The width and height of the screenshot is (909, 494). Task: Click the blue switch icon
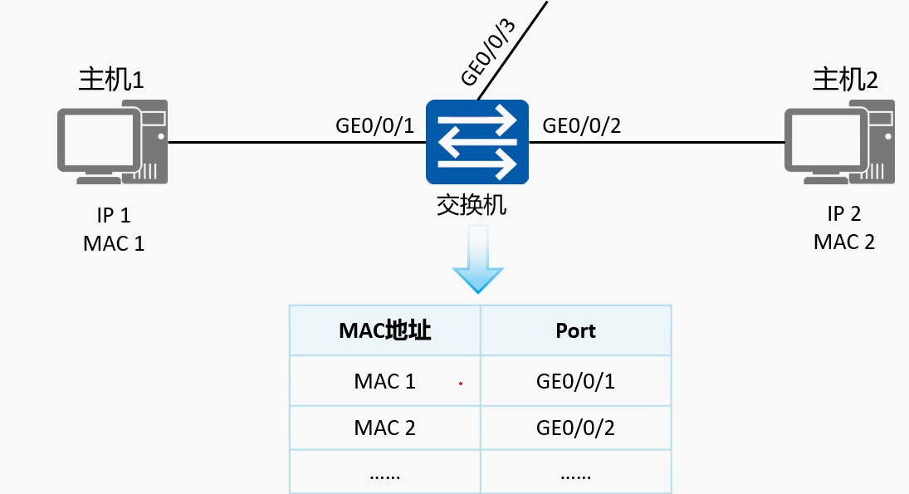click(477, 142)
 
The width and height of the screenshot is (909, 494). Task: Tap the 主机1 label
click(111, 79)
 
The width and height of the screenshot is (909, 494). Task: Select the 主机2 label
click(845, 79)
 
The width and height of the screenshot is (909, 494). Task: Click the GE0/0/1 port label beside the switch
click(374, 125)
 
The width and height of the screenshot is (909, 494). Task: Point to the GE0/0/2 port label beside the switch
click(581, 125)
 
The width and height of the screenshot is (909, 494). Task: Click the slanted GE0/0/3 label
click(488, 52)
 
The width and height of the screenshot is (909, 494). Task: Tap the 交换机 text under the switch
click(472, 205)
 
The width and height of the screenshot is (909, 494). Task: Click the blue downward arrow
click(478, 258)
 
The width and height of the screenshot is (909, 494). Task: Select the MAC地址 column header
click(385, 330)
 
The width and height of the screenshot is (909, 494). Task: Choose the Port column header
click(575, 330)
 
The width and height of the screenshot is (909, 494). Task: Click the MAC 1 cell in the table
click(385, 381)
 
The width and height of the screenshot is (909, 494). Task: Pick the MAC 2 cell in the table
click(385, 428)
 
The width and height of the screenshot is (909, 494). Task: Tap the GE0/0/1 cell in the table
click(575, 381)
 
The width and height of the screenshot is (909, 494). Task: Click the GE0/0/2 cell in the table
click(575, 428)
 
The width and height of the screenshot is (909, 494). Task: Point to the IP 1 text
click(114, 215)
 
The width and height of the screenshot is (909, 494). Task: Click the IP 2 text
click(844, 213)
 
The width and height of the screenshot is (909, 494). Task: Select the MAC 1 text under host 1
click(114, 243)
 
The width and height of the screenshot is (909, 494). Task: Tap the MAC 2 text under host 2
click(844, 242)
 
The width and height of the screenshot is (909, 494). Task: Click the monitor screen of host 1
click(99, 140)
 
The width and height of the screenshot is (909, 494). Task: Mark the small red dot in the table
click(461, 384)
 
